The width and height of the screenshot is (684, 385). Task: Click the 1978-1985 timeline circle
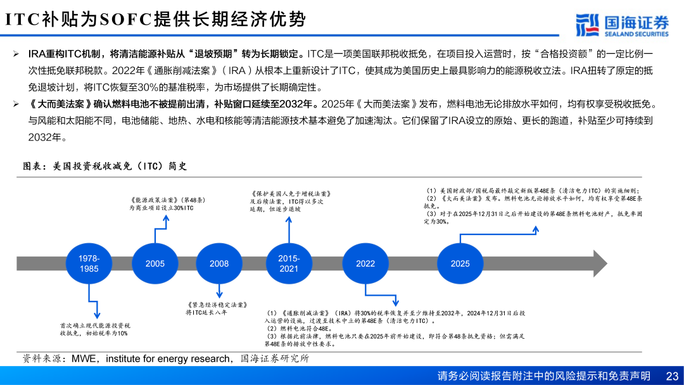89,263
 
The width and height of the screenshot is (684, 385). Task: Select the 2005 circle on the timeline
155,263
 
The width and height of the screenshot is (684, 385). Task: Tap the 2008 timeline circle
219,263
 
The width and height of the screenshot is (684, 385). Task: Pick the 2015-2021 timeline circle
289,263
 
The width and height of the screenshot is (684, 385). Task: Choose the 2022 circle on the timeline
365,263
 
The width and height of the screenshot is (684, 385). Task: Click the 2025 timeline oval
460,263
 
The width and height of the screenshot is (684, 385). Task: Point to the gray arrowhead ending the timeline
599,263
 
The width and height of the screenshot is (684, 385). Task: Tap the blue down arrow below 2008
219,291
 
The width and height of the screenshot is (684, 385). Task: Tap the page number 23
672,376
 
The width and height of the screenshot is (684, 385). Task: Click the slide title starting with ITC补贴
156,19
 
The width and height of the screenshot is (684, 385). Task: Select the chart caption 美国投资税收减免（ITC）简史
104,166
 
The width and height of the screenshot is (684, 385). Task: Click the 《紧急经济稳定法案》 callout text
217,308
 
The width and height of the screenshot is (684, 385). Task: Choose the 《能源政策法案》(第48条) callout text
167,204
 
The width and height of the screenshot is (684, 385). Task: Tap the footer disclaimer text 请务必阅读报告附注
543,376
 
